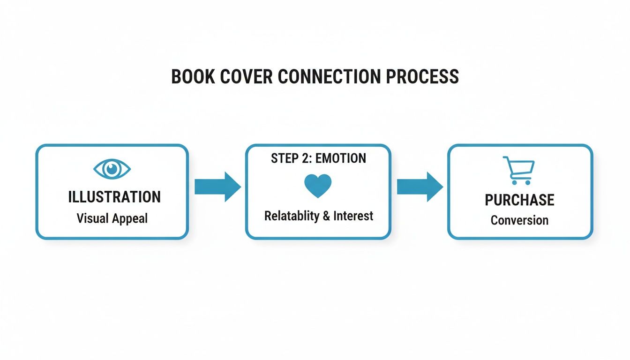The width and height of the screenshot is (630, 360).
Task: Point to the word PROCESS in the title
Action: (x=422, y=77)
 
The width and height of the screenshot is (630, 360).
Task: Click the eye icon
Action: (x=112, y=169)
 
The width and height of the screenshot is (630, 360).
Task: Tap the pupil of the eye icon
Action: (x=112, y=169)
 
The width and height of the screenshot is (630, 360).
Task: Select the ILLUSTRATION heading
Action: (x=114, y=197)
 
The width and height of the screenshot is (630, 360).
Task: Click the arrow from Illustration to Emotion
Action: (x=217, y=187)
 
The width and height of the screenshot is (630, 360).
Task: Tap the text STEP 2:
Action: (x=292, y=158)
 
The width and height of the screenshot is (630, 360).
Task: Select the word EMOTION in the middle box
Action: (x=341, y=158)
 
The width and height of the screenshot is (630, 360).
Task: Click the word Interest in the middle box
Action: (x=353, y=216)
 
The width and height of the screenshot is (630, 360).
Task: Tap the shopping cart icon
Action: (x=519, y=170)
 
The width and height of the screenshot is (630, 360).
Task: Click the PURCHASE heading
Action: (x=519, y=200)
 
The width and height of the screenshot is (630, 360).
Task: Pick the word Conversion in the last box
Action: (x=519, y=220)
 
